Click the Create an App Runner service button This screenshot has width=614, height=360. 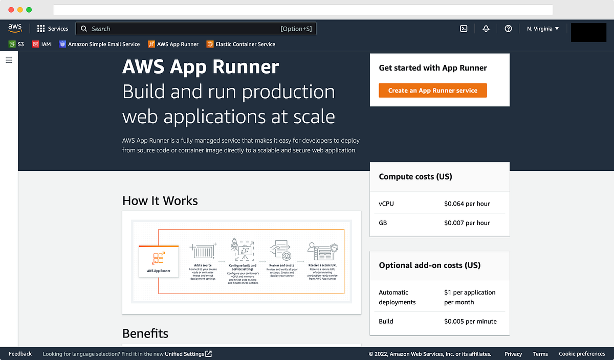[x=432, y=91]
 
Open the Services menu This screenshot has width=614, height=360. [x=53, y=29]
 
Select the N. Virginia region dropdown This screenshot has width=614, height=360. [x=543, y=29]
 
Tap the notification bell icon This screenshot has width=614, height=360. [x=486, y=29]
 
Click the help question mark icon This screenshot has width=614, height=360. [x=508, y=29]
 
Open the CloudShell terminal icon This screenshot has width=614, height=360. [x=464, y=29]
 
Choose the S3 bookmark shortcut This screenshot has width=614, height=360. [x=16, y=44]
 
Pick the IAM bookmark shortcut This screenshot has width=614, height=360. [x=41, y=44]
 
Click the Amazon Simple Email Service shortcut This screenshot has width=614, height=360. [x=99, y=44]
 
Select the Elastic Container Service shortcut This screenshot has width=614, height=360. [x=241, y=44]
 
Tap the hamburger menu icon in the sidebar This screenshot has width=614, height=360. [x=9, y=60]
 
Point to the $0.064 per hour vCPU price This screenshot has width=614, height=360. [x=467, y=204]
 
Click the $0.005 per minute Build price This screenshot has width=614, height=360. [x=470, y=321]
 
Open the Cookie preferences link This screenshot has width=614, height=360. [x=582, y=354]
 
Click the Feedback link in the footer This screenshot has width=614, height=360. [x=20, y=354]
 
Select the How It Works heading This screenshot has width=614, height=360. [x=160, y=200]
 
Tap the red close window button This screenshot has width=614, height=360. [x=11, y=10]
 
